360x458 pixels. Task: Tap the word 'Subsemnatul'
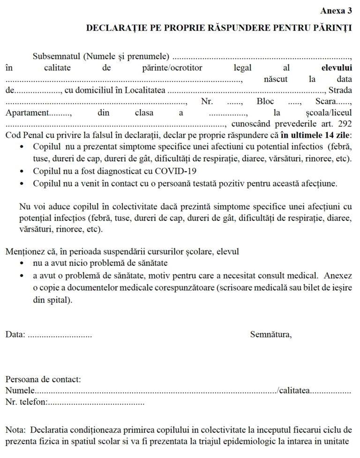53,57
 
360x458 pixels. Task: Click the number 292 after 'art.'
344,124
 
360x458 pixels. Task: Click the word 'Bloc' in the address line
265,102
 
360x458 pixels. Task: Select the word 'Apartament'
27,113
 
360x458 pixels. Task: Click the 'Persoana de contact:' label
43,379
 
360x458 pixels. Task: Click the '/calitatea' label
294,390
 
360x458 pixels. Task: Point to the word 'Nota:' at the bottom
16,430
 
